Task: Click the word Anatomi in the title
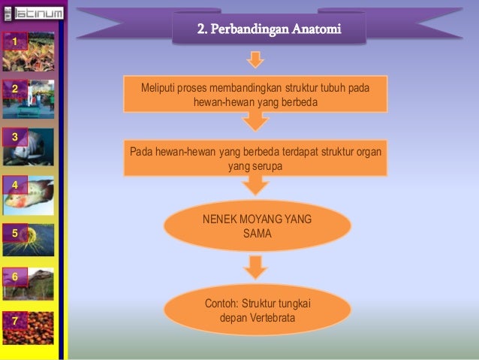[315, 30]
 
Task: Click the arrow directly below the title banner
[256, 59]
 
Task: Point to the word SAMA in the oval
[257, 234]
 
